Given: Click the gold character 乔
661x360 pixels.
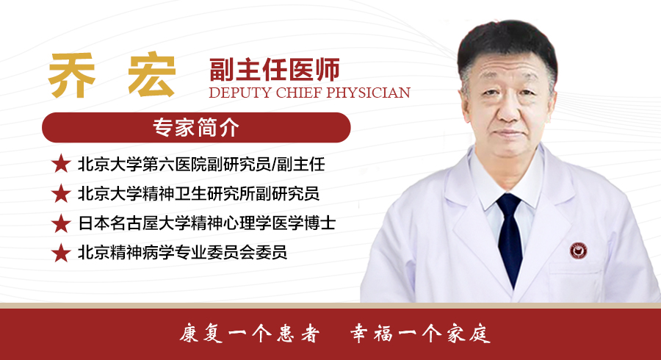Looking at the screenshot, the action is tap(72, 76).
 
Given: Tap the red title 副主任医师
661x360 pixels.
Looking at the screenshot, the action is tap(275, 70).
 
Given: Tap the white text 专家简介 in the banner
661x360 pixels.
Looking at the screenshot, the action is tap(196, 127).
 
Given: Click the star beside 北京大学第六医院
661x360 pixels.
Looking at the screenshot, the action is tap(61, 164).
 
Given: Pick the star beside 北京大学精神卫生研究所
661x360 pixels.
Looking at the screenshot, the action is tap(61, 193).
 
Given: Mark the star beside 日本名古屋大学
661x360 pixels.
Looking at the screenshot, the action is tap(61, 223).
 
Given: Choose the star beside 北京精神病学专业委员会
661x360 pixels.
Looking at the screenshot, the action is tap(61, 253).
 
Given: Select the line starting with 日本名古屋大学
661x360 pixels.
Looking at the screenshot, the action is tap(206, 223).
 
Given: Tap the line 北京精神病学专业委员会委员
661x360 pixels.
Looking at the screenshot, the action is tap(183, 253).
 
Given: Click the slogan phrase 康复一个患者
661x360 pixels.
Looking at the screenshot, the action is tap(250, 334).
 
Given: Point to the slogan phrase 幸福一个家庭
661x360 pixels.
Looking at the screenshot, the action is tap(420, 334).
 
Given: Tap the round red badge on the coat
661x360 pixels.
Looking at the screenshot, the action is tap(579, 251).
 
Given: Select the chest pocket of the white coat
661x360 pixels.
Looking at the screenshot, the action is tap(576, 281).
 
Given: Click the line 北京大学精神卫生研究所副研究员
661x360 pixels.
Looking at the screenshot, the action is tap(198, 193).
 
